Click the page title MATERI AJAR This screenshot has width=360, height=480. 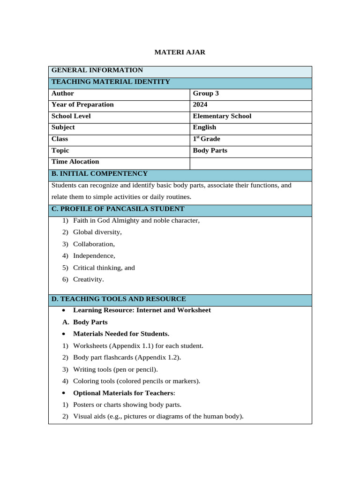pyautogui.click(x=180, y=52)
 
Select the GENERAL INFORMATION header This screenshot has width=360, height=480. pyautogui.click(x=97, y=70)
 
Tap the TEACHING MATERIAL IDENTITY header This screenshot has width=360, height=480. pyautogui.click(x=111, y=82)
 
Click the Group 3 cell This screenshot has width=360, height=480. pyautogui.click(x=206, y=93)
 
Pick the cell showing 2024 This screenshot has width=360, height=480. pyautogui.click(x=200, y=105)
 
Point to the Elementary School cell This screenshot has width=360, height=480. pyautogui.click(x=222, y=116)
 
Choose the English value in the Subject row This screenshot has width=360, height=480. pyautogui.click(x=204, y=127)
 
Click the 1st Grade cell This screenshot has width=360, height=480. pyautogui.click(x=206, y=139)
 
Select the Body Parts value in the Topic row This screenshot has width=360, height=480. pyautogui.click(x=210, y=150)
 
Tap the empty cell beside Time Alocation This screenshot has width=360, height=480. pyautogui.click(x=250, y=162)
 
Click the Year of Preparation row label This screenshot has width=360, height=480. pyautogui.click(x=82, y=105)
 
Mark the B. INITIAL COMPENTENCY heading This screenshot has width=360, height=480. pyautogui.click(x=99, y=174)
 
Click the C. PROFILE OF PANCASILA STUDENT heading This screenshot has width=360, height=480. pyautogui.click(x=118, y=209)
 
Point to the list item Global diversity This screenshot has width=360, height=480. pyautogui.click(x=97, y=232)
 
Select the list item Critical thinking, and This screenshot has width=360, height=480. pyautogui.click(x=104, y=268)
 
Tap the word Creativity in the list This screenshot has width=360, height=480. pyautogui.click(x=88, y=279)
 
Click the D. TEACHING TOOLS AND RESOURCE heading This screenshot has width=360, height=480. pyautogui.click(x=119, y=299)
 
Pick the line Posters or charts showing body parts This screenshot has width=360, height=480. pyautogui.click(x=127, y=405)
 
